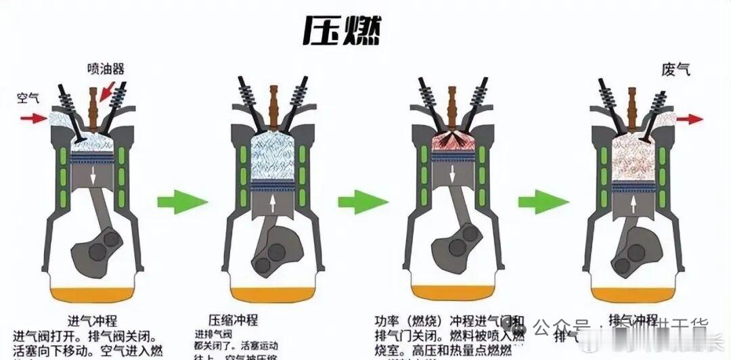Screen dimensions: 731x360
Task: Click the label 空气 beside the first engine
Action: coord(28,97)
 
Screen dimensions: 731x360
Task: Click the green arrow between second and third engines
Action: coord(363,201)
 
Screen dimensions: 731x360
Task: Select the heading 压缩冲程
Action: coord(233,320)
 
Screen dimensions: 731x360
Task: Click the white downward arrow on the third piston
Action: coord(452,173)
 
